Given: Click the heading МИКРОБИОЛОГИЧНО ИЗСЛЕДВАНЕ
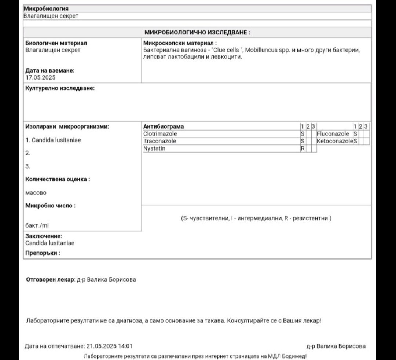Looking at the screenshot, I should tap(197, 33).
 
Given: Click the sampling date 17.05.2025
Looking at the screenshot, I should tap(40, 77).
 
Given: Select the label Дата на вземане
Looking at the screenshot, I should tap(50, 70).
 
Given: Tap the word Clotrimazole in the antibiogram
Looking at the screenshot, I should tap(160, 134).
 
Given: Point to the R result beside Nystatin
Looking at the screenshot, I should tap(303, 148).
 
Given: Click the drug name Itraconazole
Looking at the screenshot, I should tap(159, 141).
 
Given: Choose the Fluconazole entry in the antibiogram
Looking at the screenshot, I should tap(333, 134).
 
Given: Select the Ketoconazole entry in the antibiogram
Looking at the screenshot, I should tap(335, 141).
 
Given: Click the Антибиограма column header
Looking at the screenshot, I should tap(164, 126).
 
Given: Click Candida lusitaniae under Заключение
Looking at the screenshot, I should tap(50, 243).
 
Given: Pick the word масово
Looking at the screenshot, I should tap(36, 192).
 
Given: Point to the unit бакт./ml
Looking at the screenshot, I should tap(37, 225).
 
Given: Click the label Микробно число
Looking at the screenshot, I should tap(51, 206).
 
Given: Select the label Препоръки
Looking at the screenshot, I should tap(43, 253).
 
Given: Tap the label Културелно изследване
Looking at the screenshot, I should tap(60, 88).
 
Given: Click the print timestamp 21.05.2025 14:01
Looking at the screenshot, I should tap(109, 346).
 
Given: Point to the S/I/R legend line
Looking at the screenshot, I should tap(256, 218).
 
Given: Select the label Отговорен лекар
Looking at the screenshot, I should tap(50, 279).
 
